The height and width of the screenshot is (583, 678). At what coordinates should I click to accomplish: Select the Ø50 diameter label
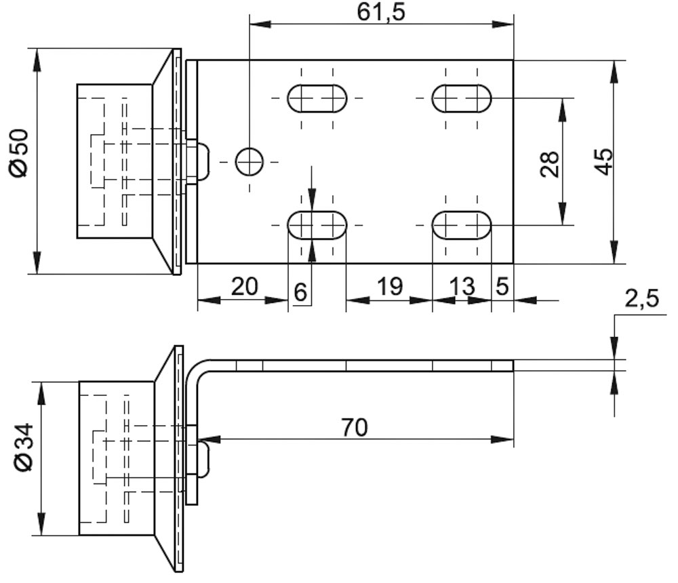[x=20, y=153]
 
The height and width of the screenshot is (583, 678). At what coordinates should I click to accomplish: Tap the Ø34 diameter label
[x=24, y=447]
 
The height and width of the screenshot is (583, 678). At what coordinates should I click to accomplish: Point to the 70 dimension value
[x=355, y=427]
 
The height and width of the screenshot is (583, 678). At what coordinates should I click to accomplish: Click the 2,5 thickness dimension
[x=641, y=298]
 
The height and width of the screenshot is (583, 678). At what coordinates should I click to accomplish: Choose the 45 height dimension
[x=603, y=161]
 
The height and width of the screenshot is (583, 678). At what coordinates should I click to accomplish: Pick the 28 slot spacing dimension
[x=550, y=164]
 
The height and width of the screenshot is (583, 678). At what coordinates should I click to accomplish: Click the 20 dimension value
[x=245, y=286]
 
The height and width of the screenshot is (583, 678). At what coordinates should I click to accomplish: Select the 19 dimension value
[x=390, y=286]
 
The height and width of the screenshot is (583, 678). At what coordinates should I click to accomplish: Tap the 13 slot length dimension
[x=462, y=286]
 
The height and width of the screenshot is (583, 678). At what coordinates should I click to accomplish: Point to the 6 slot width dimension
[x=300, y=292]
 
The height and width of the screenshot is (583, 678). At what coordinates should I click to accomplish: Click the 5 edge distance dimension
[x=502, y=286]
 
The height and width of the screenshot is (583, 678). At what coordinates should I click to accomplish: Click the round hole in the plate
[x=249, y=162]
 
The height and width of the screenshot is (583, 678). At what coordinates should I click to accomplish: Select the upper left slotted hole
[x=317, y=98]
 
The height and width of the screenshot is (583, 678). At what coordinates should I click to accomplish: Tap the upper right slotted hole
[x=462, y=98]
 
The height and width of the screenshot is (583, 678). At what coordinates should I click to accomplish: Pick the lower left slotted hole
[x=317, y=225]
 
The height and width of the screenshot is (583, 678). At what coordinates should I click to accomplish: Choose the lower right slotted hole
[x=462, y=225]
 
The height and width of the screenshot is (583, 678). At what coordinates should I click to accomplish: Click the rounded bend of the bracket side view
[x=197, y=369]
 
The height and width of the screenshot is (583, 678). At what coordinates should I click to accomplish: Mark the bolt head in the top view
[x=203, y=162]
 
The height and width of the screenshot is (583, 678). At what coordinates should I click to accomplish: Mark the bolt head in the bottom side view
[x=203, y=458]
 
